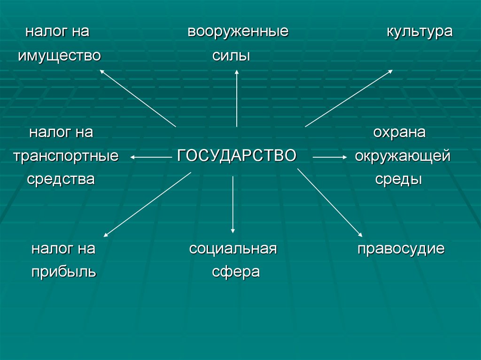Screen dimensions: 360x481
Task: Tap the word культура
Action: [419, 32]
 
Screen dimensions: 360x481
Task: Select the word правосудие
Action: [401, 249]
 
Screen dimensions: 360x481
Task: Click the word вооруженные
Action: [238, 32]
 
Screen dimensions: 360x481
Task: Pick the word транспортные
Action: [66, 156]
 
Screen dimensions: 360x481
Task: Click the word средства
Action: [61, 179]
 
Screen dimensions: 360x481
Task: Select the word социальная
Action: [233, 249]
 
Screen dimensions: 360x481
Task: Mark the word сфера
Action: [235, 272]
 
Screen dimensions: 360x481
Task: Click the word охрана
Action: [399, 133]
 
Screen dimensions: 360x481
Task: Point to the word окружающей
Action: [403, 156]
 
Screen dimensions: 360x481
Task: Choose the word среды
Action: [398, 179]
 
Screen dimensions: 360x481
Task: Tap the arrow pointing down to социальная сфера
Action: [233, 202]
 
